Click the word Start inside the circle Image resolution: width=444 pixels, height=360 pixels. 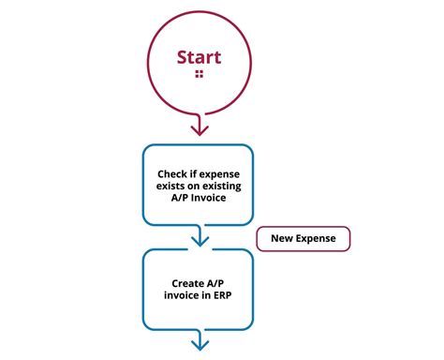click(199, 57)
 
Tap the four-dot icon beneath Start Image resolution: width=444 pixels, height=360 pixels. click(199, 74)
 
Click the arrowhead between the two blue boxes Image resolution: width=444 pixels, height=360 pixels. click(199, 240)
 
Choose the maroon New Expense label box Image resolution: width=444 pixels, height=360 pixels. click(303, 238)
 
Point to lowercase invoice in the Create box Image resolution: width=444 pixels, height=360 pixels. click(180, 295)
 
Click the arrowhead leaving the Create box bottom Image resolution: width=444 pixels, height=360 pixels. click(199, 346)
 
